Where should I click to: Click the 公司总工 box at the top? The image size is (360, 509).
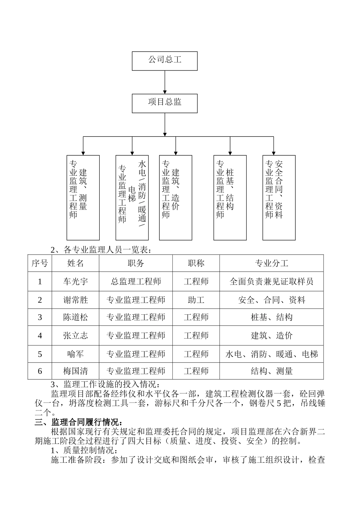tap(164, 61)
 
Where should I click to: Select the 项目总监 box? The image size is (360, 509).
tap(164, 103)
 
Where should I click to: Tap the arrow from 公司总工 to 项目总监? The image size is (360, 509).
tap(164, 82)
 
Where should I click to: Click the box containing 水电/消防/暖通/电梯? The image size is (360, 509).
tap(132, 197)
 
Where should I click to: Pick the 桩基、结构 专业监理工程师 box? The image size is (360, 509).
tap(230, 197)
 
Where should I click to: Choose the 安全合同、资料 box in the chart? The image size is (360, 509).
tap(279, 197)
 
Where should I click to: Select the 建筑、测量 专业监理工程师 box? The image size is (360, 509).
tap(83, 197)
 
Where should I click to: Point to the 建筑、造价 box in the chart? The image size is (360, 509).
tap(175, 197)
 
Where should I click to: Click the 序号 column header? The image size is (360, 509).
tap(40, 263)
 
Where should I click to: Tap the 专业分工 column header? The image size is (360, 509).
tap(271, 263)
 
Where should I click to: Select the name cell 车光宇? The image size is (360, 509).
tap(75, 281)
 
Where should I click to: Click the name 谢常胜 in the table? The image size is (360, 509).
tap(75, 300)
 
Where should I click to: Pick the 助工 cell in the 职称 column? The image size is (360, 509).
tap(196, 300)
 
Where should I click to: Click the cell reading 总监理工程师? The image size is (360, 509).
tap(136, 281)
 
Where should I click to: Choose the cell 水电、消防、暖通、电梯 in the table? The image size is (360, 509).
tap(271, 354)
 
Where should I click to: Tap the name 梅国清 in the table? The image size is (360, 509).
tap(75, 371)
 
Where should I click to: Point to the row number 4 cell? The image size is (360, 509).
tap(40, 336)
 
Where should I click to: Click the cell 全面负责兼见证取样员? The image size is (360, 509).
tap(271, 281)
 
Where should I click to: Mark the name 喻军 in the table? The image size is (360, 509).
tap(75, 354)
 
